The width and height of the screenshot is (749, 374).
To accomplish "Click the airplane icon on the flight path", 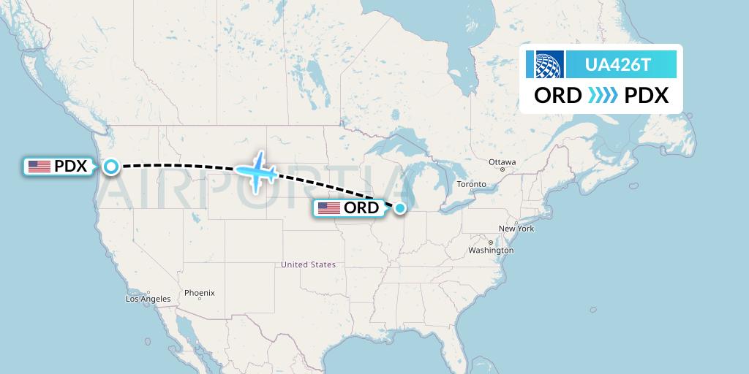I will point(256,172).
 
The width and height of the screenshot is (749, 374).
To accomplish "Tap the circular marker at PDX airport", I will point(110,167).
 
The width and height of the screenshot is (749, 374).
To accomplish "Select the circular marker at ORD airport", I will point(400,208).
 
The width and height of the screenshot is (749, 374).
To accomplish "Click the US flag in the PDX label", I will point(39,167).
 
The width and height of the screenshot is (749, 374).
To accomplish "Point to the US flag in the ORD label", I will point(328,208).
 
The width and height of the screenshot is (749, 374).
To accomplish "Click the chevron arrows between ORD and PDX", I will point(603,96).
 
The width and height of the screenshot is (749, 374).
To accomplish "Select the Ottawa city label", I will point(503,161).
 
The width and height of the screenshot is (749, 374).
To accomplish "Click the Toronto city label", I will point(471,184).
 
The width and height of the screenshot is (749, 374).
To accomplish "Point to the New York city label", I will point(516,229).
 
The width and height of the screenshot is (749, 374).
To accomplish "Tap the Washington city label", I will point(492,251).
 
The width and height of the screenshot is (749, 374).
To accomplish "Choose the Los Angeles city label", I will point(148,299).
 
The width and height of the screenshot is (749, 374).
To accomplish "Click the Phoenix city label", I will point(199,293).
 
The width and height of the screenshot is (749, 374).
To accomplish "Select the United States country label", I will point(308,264).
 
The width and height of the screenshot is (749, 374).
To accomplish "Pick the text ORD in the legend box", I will point(558,96).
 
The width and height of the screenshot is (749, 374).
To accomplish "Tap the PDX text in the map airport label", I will point(71,167).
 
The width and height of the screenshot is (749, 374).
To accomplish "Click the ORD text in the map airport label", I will point(361,208).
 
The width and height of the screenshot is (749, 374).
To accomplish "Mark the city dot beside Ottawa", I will point(503,169).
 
